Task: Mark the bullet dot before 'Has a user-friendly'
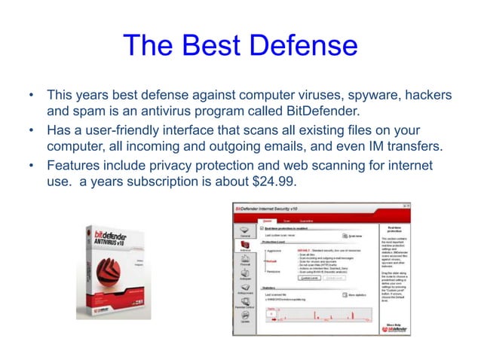tap(31, 131)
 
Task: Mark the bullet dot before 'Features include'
tap(31, 166)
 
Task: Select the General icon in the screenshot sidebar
tap(245, 231)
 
